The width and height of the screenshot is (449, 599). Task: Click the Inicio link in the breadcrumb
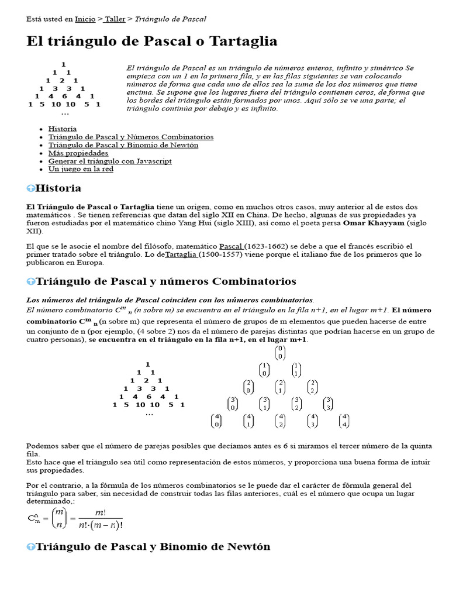click(85, 19)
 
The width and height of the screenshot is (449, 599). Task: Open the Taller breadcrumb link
click(115, 19)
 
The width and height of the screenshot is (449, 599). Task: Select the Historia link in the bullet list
click(62, 129)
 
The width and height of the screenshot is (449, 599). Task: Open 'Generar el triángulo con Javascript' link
click(110, 161)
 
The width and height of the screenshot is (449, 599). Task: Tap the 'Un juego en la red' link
click(81, 169)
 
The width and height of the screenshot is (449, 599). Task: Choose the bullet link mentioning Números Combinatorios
click(130, 137)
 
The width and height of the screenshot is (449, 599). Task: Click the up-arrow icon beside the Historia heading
click(31, 188)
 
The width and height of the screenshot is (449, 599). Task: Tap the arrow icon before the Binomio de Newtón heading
click(31, 547)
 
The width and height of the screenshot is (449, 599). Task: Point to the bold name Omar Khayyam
click(373, 223)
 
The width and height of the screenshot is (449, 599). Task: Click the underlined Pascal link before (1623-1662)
click(232, 246)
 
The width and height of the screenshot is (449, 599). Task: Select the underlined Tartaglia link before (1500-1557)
click(182, 254)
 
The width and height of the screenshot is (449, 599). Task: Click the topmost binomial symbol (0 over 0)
click(280, 353)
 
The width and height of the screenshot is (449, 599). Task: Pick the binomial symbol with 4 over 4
click(344, 421)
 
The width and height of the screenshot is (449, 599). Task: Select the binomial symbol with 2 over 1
click(280, 387)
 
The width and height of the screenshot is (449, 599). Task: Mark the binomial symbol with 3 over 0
click(233, 404)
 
